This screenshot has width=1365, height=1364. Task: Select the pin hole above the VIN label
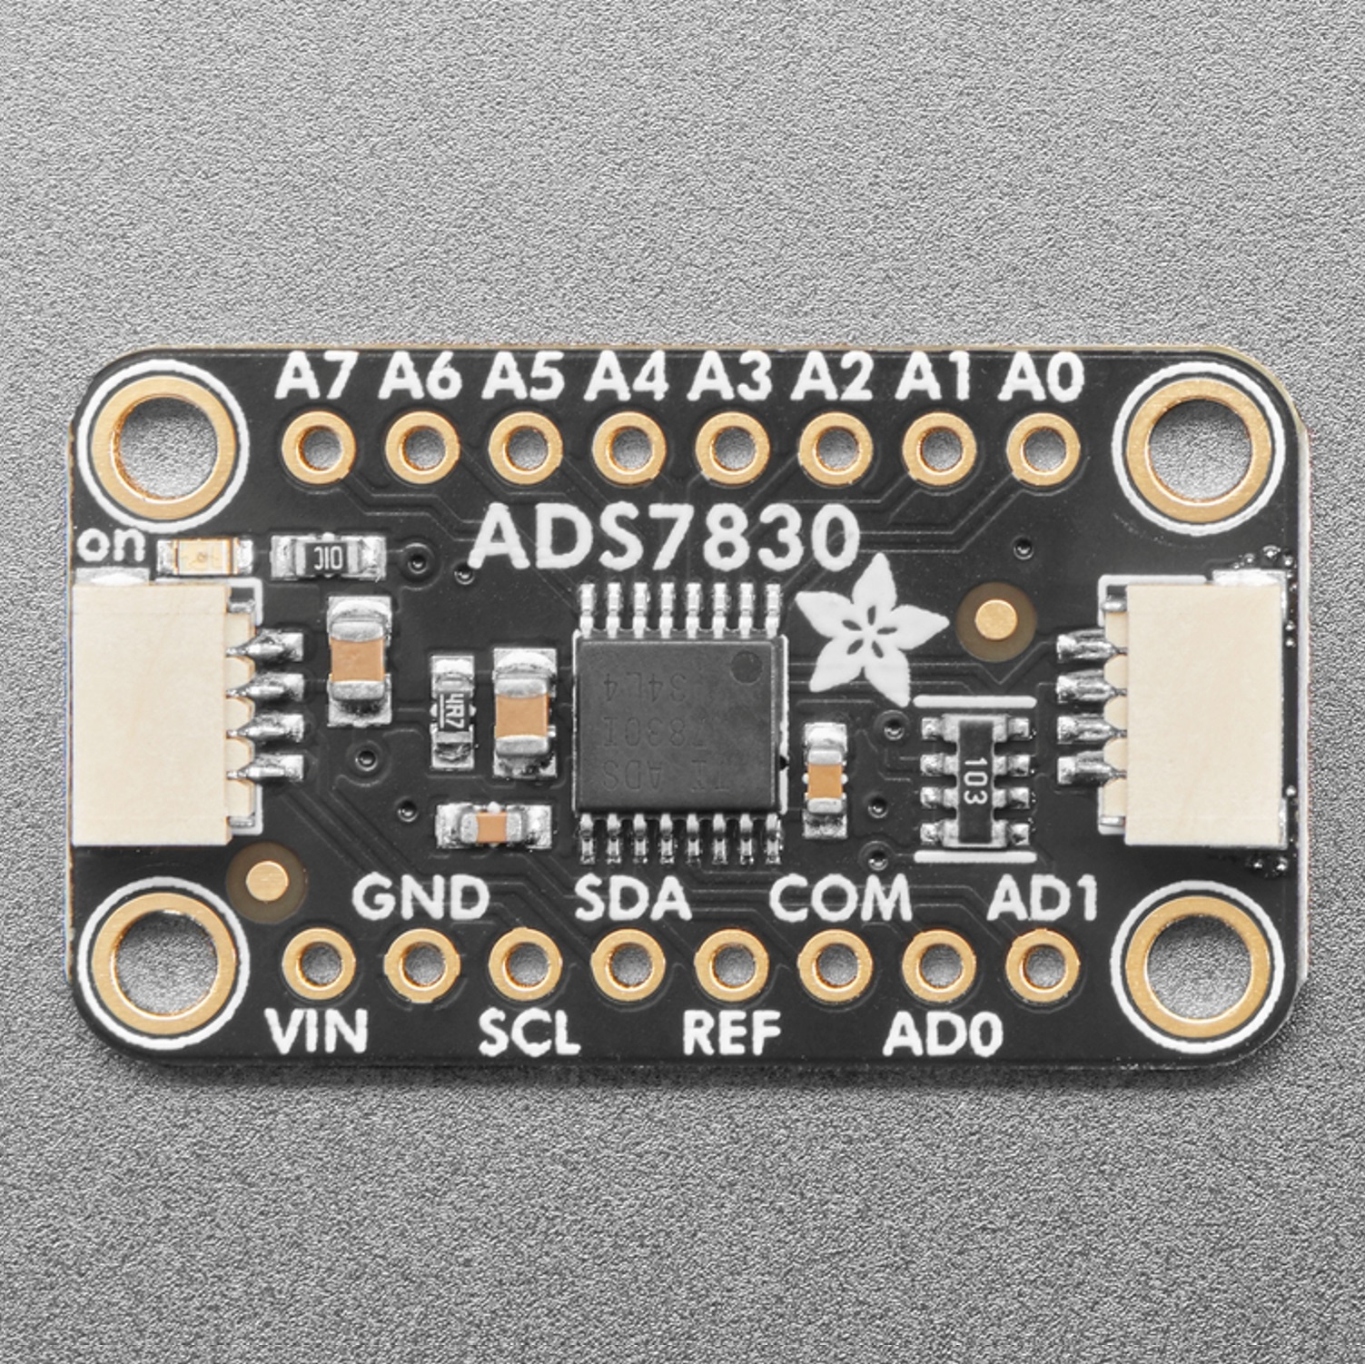pos(316,964)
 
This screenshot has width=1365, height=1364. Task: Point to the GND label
pos(420,899)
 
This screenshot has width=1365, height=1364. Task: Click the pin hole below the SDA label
pos(626,964)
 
